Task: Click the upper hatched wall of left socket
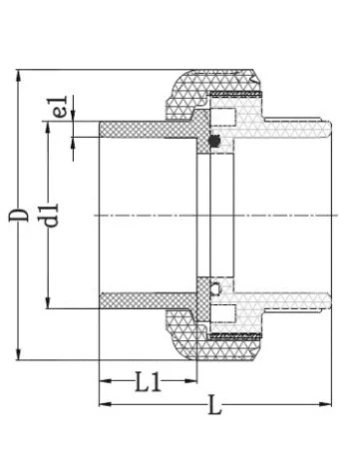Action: (140, 131)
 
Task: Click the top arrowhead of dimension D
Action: (18, 75)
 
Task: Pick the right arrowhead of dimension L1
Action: (194, 380)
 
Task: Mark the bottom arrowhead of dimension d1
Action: (51, 304)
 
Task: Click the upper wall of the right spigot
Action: (299, 130)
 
